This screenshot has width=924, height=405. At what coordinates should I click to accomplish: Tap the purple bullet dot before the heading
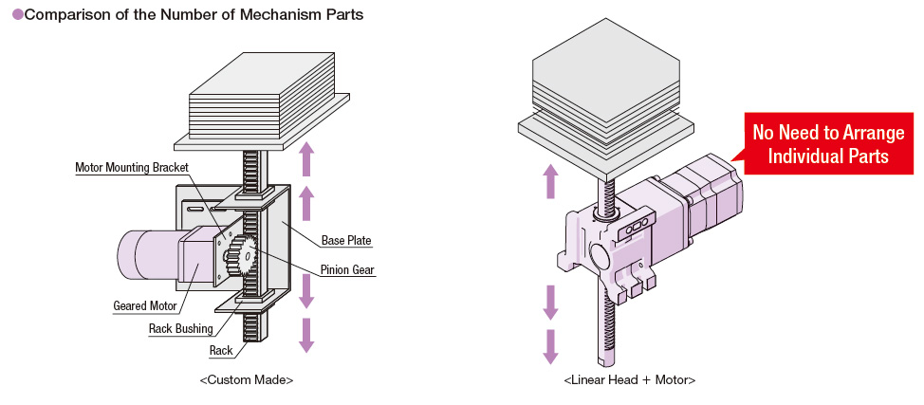[16, 16]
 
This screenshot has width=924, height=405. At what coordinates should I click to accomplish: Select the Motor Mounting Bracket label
[132, 168]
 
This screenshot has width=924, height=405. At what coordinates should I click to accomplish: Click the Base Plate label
[345, 241]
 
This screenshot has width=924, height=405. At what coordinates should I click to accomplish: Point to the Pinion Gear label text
[347, 270]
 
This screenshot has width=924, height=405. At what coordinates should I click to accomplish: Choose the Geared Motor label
[143, 305]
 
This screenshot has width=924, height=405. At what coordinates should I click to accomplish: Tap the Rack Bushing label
[180, 329]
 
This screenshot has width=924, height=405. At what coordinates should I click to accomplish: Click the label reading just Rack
[220, 351]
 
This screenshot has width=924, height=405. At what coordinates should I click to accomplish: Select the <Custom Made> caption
[247, 379]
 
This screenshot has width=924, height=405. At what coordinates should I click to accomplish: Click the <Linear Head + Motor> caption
[629, 379]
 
